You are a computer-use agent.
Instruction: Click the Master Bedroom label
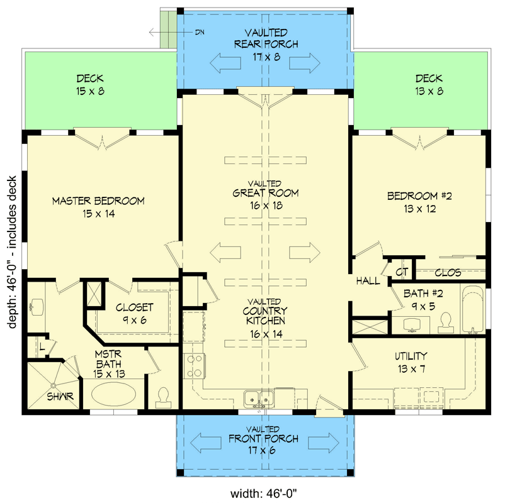98,201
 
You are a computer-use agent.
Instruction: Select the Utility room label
412,355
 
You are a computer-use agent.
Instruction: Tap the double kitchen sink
259,397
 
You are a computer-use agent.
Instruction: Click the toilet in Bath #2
446,321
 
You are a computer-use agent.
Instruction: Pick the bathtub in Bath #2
472,311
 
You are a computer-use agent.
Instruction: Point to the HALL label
368,281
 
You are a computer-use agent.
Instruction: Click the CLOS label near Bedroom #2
448,273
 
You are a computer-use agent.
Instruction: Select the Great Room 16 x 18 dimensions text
264,205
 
